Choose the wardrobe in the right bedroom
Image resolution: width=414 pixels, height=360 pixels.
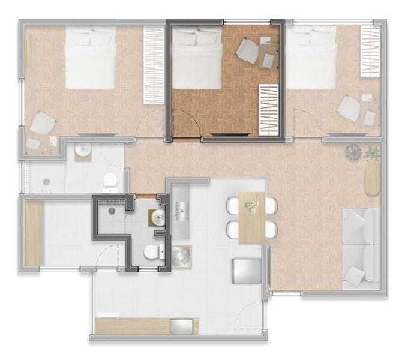point(370,51)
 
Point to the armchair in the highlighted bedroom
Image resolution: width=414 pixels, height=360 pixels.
point(247,49)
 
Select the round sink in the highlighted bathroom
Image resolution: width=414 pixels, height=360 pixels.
point(158,218)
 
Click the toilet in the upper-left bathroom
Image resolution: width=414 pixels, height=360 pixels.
point(109,180)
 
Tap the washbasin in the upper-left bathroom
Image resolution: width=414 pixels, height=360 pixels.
point(83,150)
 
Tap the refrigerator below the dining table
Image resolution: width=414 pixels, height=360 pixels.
point(245,271)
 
